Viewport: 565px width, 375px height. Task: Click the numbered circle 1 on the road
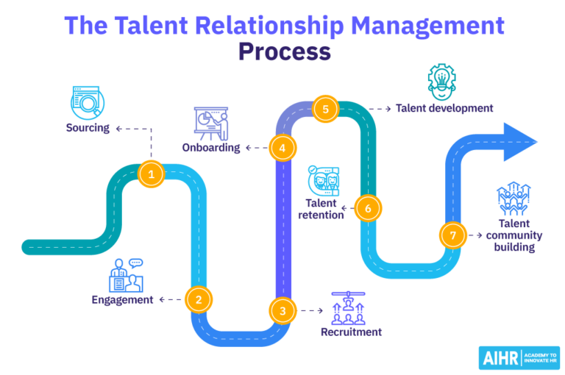[x=151, y=174]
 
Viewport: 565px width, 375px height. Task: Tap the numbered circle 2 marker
[x=198, y=299]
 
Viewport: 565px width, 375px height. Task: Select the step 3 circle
[x=282, y=311]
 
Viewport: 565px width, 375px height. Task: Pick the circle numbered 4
[x=282, y=148]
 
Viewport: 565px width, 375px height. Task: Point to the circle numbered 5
[x=324, y=110]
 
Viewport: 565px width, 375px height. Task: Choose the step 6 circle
[x=368, y=208]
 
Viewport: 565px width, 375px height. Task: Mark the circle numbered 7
[x=452, y=235]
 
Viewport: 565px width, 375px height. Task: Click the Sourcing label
[x=88, y=128]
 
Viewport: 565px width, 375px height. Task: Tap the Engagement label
[x=122, y=299]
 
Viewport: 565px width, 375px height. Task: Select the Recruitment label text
[x=351, y=332]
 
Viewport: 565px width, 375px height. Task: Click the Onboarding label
[x=211, y=148]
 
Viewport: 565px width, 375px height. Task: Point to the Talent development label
[x=444, y=108]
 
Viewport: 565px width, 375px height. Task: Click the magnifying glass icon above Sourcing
[x=88, y=103]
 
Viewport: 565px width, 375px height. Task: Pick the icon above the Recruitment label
[x=350, y=307]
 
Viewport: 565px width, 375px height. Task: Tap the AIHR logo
[x=519, y=357]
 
